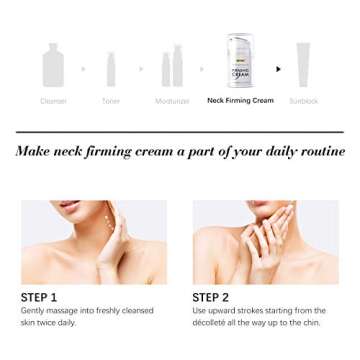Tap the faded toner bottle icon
[x=111, y=69]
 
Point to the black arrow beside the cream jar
[x=278, y=69]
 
